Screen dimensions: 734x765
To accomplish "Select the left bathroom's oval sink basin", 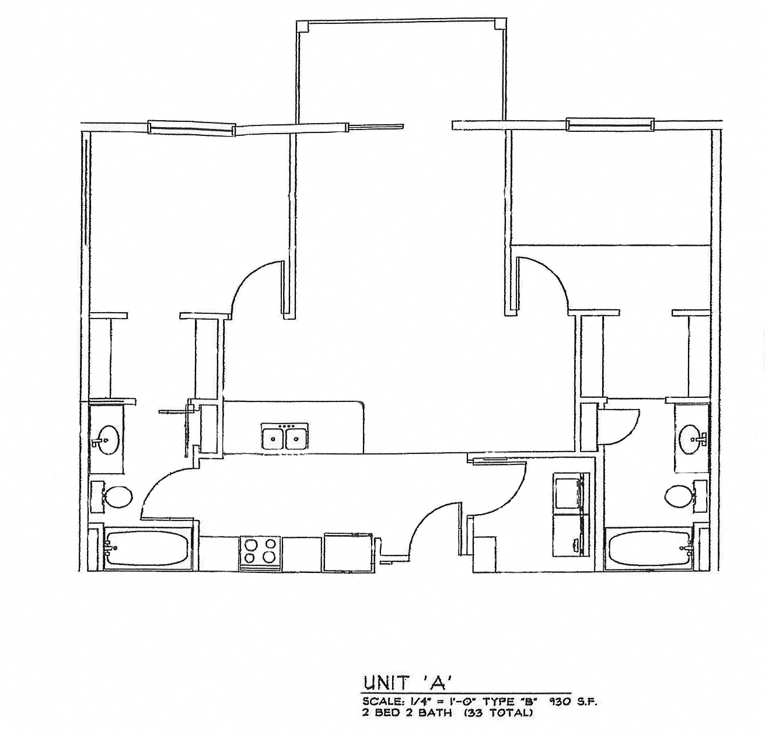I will (107, 438).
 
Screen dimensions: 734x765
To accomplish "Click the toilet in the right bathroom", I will (679, 497).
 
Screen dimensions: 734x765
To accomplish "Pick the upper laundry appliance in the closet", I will (569, 494).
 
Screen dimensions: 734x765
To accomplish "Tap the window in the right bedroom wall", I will (609, 124).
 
